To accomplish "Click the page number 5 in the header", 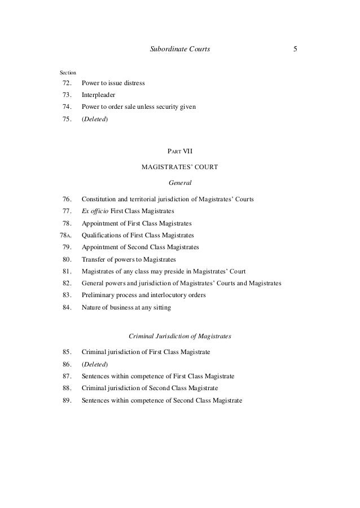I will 295,49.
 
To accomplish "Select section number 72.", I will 67,83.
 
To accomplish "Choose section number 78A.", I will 66,235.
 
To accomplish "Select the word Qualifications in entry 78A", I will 102,235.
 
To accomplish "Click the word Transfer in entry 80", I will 94,259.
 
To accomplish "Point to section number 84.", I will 67,307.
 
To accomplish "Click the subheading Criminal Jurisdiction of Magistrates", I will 180,336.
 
